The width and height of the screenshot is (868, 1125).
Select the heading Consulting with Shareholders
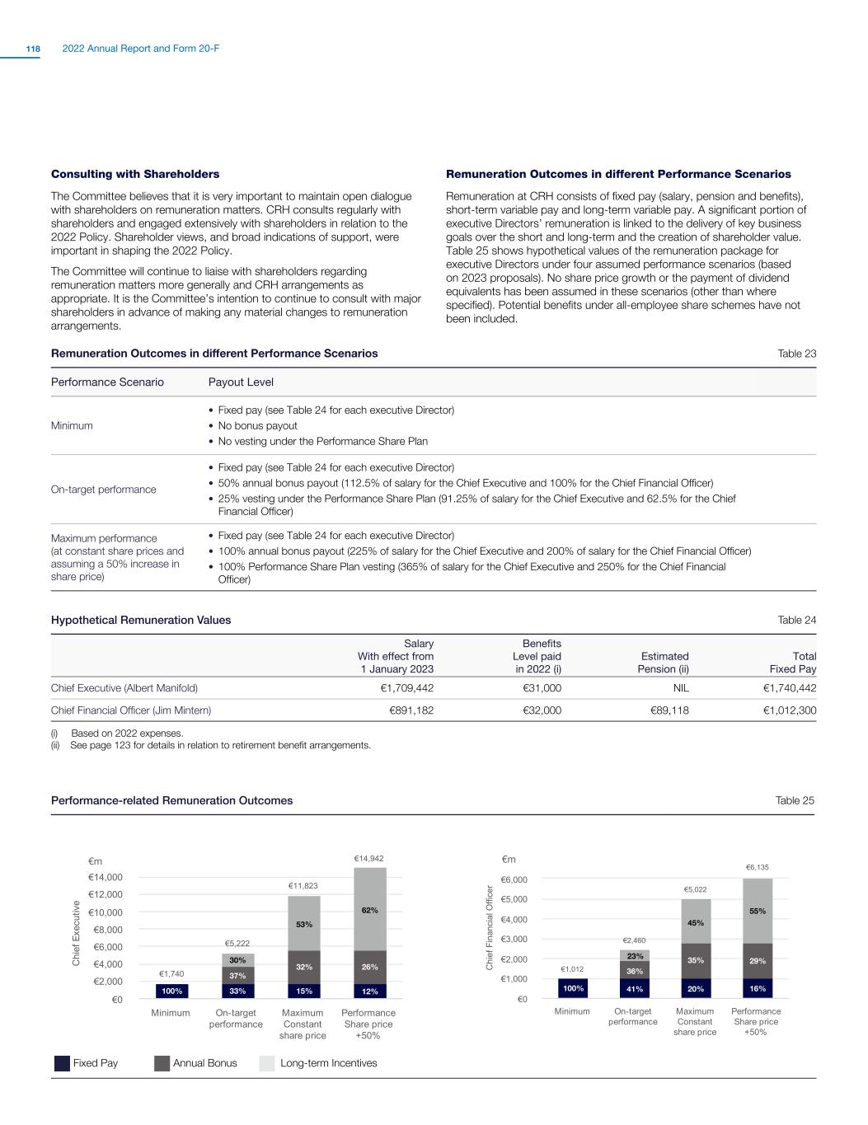(135, 174)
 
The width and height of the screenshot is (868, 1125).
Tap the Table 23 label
(797, 354)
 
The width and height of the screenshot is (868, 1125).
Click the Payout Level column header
(241, 382)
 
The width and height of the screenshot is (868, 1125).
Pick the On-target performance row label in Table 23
(103, 490)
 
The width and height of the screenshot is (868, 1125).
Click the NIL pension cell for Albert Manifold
(680, 687)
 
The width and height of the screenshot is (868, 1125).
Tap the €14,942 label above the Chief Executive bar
(369, 859)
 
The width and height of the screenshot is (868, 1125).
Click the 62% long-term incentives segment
(369, 911)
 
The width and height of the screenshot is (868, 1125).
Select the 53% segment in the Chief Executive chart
(304, 925)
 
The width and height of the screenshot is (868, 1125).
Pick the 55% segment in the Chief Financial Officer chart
(758, 912)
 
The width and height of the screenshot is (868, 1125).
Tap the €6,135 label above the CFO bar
(758, 867)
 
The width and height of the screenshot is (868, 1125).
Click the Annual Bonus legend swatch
(162, 1063)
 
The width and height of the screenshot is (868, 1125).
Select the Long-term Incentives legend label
(329, 1063)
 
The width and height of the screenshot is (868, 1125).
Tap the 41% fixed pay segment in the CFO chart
(635, 988)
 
